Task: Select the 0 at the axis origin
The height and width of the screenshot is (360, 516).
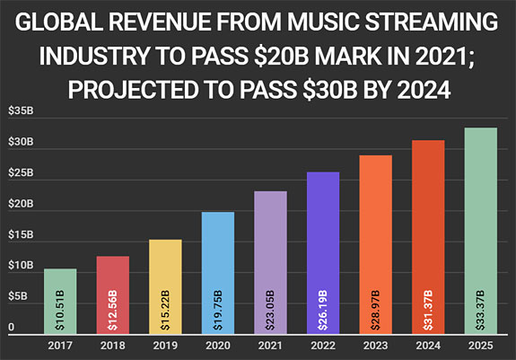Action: pyautogui.click(x=12, y=328)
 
